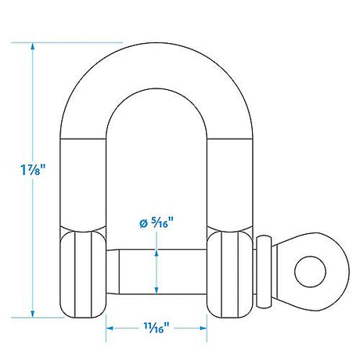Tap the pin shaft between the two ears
coord(157,270)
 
